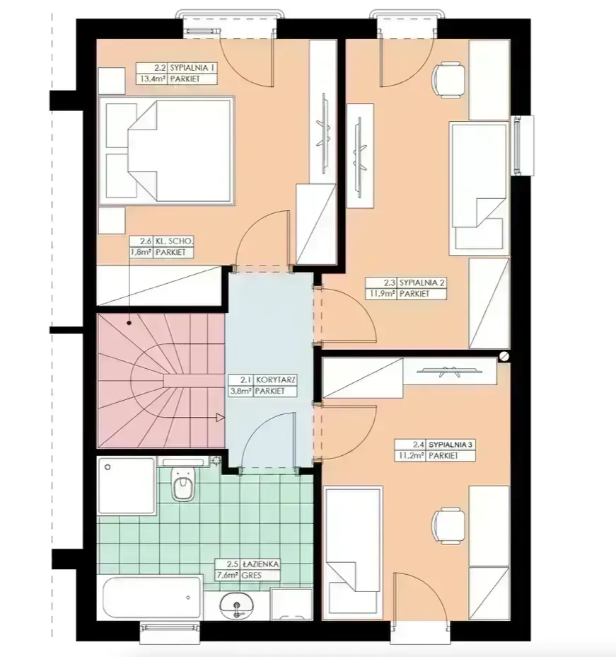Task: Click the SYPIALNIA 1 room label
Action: [x=192, y=67]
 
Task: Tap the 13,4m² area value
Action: [x=152, y=79]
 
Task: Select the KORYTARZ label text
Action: [x=275, y=380]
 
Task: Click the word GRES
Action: [x=252, y=576]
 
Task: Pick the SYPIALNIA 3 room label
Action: [x=451, y=445]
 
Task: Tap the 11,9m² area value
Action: [x=382, y=294]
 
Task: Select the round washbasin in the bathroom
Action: [x=237, y=606]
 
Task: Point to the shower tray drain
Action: [x=107, y=467]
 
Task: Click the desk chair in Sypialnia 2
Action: [x=448, y=80]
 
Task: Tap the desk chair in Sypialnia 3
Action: [x=448, y=525]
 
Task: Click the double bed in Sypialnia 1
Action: [x=166, y=150]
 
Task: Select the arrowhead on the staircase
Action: [x=220, y=417]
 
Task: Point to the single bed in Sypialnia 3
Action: [x=353, y=552]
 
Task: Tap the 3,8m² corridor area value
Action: [x=240, y=392]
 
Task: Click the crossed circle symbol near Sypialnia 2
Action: [x=504, y=356]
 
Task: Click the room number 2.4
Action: [x=419, y=445]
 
